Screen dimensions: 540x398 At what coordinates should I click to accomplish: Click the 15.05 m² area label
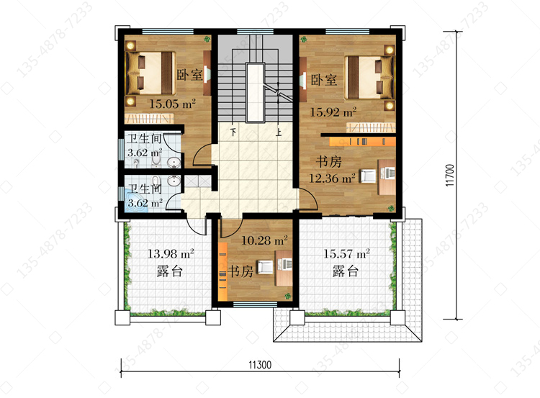pyautogui.click(x=172, y=104)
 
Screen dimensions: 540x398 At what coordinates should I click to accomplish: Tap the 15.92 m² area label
pyautogui.click(x=333, y=112)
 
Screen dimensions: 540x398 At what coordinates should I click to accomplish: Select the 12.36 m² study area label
pyautogui.click(x=332, y=178)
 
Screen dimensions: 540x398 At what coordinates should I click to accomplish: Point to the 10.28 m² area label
pyautogui.click(x=264, y=240)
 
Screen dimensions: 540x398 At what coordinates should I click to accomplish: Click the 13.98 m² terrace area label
pyautogui.click(x=171, y=254)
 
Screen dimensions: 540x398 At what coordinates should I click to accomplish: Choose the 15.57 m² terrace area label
pyautogui.click(x=346, y=254)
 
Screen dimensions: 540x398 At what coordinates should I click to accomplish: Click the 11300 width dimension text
pyautogui.click(x=260, y=365)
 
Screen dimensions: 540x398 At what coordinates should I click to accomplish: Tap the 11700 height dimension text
pyautogui.click(x=450, y=175)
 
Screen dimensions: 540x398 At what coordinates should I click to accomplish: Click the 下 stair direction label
pyautogui.click(x=233, y=132)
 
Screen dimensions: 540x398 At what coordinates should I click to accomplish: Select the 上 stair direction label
pyautogui.click(x=278, y=132)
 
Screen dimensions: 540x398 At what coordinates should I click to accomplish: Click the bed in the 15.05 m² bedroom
pyautogui.click(x=150, y=73)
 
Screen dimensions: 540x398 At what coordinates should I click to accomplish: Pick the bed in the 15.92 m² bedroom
pyautogui.click(x=369, y=78)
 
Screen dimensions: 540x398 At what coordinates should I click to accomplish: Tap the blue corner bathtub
pyautogui.click(x=137, y=202)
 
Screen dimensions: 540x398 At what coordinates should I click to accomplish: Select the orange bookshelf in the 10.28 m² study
pyautogui.click(x=222, y=271)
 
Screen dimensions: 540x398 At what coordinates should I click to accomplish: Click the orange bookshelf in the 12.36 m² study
pyautogui.click(x=362, y=142)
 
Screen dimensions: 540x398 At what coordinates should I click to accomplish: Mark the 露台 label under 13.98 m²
pyautogui.click(x=169, y=271)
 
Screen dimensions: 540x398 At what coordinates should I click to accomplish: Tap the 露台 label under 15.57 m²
pyautogui.click(x=346, y=271)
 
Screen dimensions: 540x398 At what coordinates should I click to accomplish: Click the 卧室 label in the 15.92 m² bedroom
pyautogui.click(x=324, y=80)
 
